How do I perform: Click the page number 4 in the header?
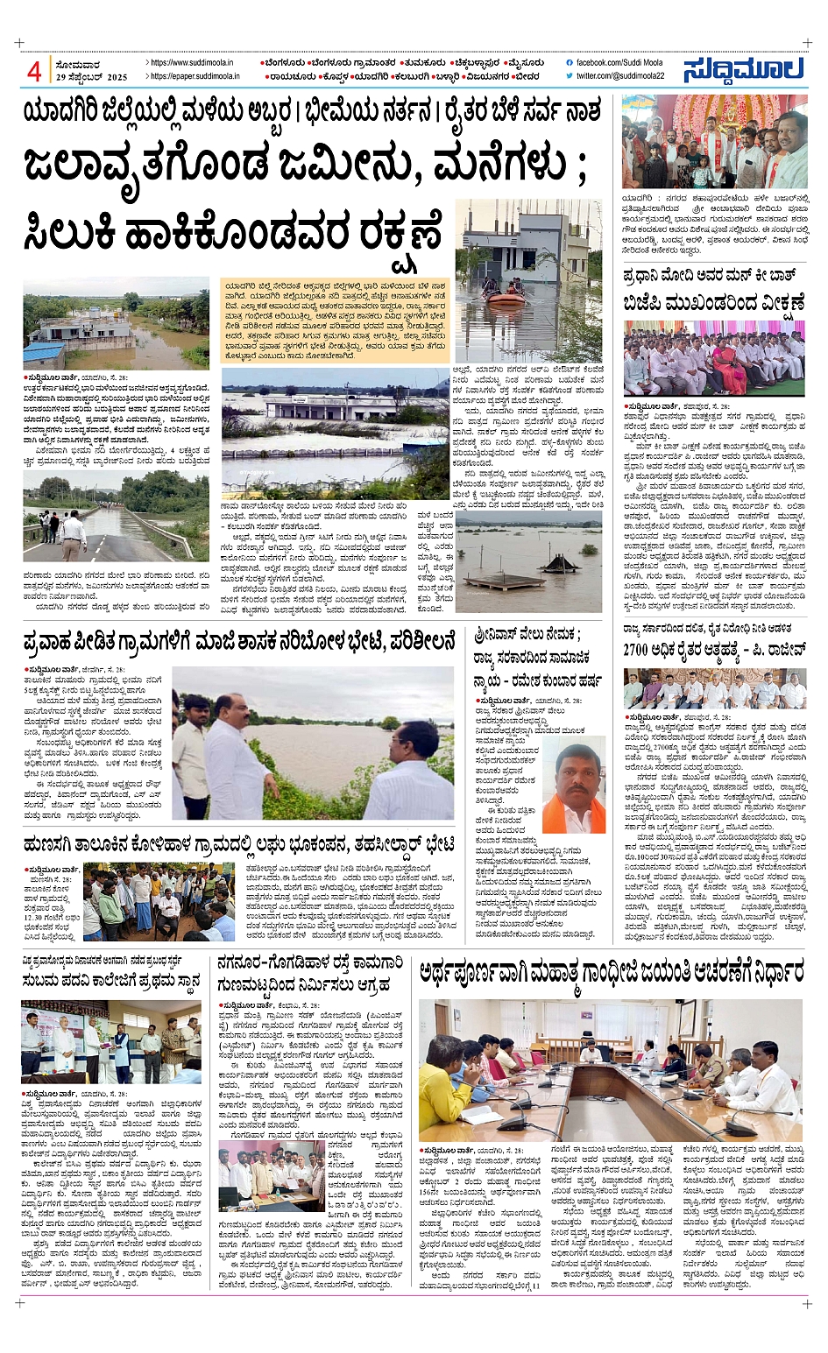(34, 70)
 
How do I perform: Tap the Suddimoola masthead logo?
(744, 69)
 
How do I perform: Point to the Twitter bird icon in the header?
(570, 76)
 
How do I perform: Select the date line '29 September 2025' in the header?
(92, 77)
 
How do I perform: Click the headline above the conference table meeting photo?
(611, 972)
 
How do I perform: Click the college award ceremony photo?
(110, 1041)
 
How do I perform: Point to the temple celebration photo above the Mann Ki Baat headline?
(714, 143)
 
